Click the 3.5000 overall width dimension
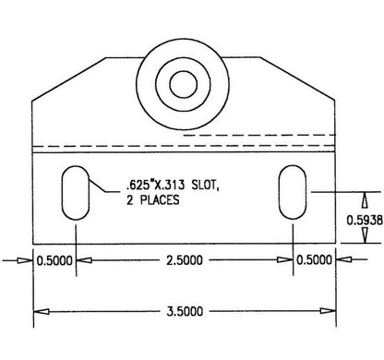[x=185, y=311]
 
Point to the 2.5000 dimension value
[x=185, y=260]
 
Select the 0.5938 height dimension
[x=365, y=220]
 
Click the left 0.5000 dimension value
[x=54, y=261]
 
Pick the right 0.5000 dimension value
[x=314, y=260]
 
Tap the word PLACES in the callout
[x=160, y=200]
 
